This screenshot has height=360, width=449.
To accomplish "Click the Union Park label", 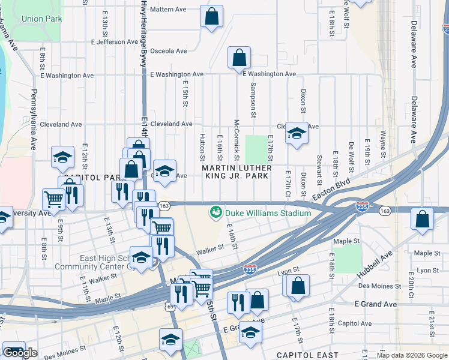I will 42,19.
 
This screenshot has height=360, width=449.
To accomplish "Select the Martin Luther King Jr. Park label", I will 237,172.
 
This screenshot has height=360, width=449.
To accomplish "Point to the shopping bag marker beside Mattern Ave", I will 211,17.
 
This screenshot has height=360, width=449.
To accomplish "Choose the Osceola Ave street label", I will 170,51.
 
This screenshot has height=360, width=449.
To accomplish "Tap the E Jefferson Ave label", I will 115,42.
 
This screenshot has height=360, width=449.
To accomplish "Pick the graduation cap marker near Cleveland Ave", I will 296,133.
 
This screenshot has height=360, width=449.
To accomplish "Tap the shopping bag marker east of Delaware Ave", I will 422,220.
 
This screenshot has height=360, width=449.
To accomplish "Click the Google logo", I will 20,353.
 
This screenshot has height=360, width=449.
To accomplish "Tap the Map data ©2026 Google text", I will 411,355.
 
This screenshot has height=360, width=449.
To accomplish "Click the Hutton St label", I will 202,147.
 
